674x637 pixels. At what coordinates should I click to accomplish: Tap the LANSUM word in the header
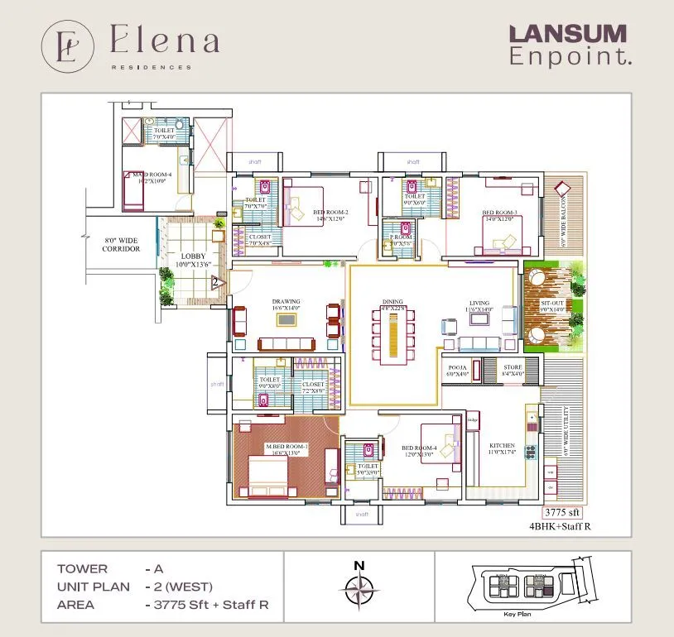[567, 35]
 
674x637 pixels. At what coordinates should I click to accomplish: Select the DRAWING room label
[286, 302]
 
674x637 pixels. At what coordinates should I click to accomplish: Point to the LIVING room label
[479, 303]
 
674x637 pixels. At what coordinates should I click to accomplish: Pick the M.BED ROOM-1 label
[286, 448]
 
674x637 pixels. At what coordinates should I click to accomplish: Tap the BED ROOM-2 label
[330, 213]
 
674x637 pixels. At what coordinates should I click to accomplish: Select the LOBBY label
[193, 256]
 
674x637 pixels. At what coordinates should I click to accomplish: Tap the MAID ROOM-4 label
[152, 175]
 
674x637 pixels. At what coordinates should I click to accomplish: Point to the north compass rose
[359, 590]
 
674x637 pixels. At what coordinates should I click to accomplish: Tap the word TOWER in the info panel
[82, 569]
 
